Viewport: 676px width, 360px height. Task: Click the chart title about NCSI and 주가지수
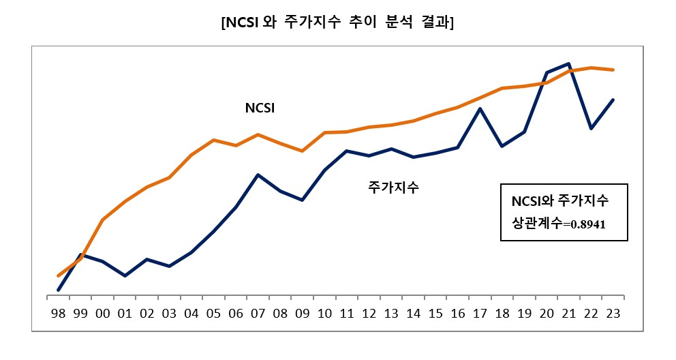point(338,22)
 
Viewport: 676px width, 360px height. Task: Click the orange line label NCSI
point(259,108)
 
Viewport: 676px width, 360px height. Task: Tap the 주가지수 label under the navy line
point(393,185)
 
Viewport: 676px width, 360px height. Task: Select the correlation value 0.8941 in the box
point(587,223)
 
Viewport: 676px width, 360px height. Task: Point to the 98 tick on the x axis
point(59,314)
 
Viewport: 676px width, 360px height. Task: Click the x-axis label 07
point(258,314)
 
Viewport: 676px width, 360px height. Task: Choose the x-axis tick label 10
point(325,314)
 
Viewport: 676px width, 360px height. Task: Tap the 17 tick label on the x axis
point(480,314)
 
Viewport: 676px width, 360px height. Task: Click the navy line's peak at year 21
point(569,63)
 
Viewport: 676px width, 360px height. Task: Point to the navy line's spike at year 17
point(480,108)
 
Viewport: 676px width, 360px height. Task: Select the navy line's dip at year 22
point(591,128)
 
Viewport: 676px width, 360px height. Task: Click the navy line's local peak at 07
point(258,175)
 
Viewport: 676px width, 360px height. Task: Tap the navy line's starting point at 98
point(59,290)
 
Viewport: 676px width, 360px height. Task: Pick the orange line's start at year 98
point(59,275)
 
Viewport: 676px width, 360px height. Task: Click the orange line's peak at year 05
point(214,140)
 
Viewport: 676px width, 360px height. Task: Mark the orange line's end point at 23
point(614,70)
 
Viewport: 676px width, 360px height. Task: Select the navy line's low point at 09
point(303,200)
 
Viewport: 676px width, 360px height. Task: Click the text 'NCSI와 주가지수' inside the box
point(559,202)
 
